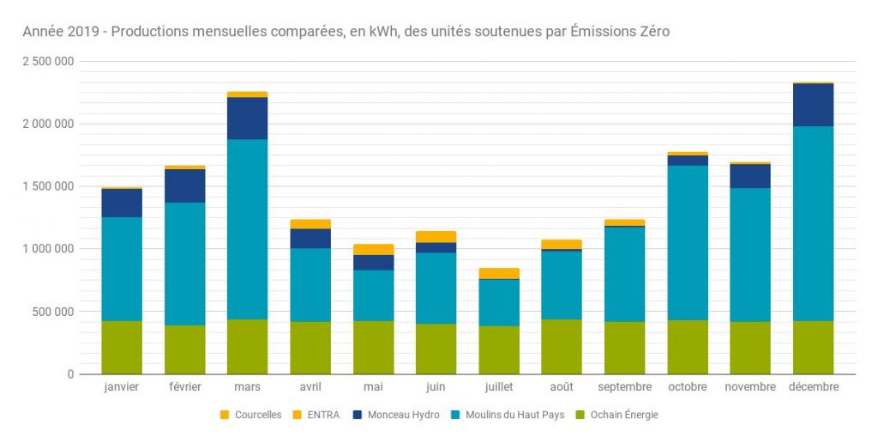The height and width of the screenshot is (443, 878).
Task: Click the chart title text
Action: pyautogui.click(x=346, y=32)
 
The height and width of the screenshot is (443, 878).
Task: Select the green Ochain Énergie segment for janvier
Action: pyautogui.click(x=122, y=347)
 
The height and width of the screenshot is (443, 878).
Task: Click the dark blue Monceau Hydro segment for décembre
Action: pyautogui.click(x=813, y=105)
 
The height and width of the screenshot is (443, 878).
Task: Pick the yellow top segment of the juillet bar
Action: pyautogui.click(x=498, y=273)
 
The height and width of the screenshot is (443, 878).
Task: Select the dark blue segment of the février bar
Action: pyautogui.click(x=184, y=185)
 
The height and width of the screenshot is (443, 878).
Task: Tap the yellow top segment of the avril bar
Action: pyautogui.click(x=310, y=224)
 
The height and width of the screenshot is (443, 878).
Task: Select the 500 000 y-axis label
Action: pyautogui.click(x=53, y=312)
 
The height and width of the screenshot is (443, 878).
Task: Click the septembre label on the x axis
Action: pyautogui.click(x=624, y=387)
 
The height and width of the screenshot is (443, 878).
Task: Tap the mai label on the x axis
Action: pyautogui.click(x=373, y=387)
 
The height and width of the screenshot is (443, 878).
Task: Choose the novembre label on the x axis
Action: pyautogui.click(x=750, y=387)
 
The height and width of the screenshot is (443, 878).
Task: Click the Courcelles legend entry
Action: pyautogui.click(x=250, y=415)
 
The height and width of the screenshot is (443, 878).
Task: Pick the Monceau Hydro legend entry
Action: pyautogui.click(x=396, y=415)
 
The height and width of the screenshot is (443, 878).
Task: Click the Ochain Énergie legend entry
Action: pyautogui.click(x=616, y=415)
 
